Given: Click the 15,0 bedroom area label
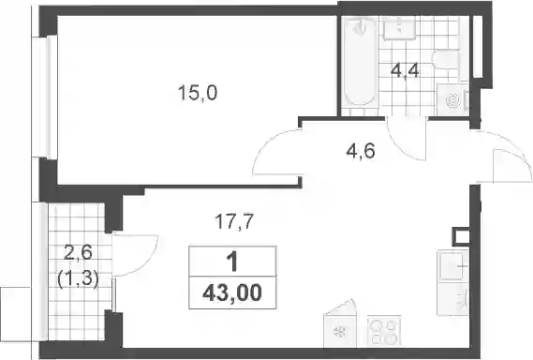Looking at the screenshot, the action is pos(198,93).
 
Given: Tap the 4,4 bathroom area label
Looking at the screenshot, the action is pos(405,72).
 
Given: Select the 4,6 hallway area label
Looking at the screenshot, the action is pos(361,151).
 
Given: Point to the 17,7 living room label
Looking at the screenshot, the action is pos(234,221).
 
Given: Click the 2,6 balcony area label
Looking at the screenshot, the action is pos(78,253).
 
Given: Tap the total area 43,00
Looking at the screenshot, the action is pos(232,292).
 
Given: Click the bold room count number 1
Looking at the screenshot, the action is pos(232,262).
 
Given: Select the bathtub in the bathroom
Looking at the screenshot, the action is pos(360,61).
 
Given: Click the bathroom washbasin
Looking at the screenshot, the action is pos(399,27).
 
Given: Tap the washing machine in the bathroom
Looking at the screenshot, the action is pos(453,100).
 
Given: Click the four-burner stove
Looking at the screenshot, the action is pos(384,331).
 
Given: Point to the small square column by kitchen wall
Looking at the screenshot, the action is pos(461,236).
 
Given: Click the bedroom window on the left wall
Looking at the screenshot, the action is pos(51,97).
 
